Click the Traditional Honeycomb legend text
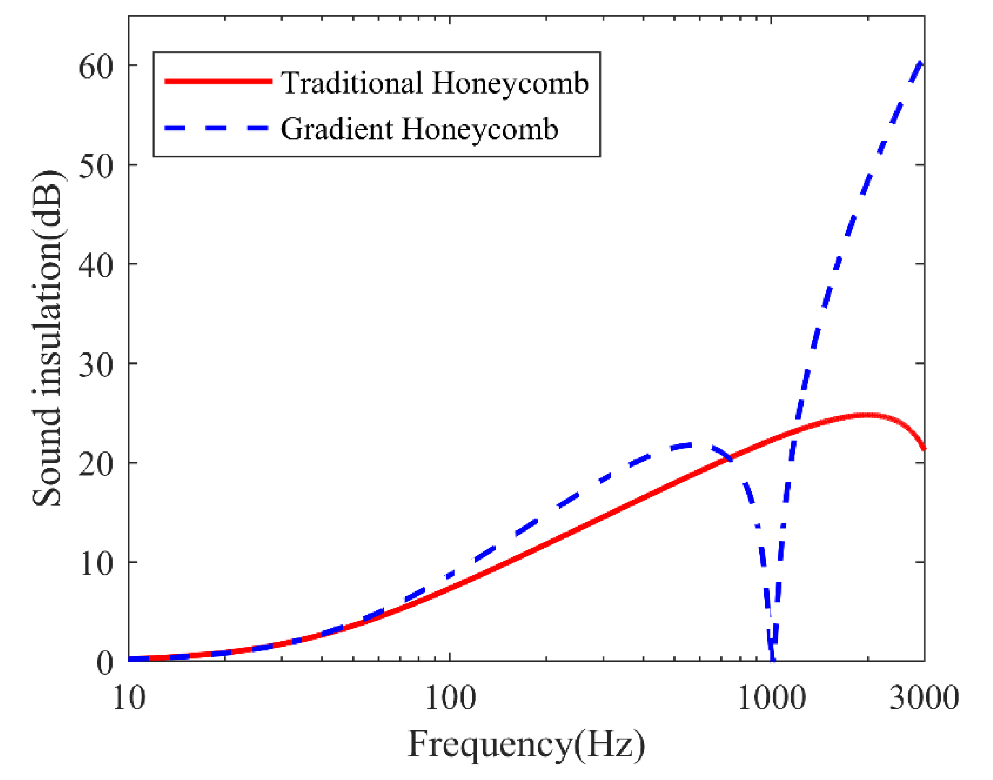(435, 83)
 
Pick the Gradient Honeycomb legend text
(419, 129)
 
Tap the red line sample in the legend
(218, 81)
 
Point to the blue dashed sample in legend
(218, 128)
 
